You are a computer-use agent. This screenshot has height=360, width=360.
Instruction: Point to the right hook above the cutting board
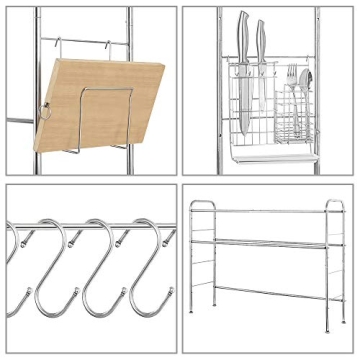tap(123, 47)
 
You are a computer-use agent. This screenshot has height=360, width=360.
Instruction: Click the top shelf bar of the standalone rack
tap(265, 211)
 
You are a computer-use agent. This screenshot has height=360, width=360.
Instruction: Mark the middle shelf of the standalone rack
tap(265, 244)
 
